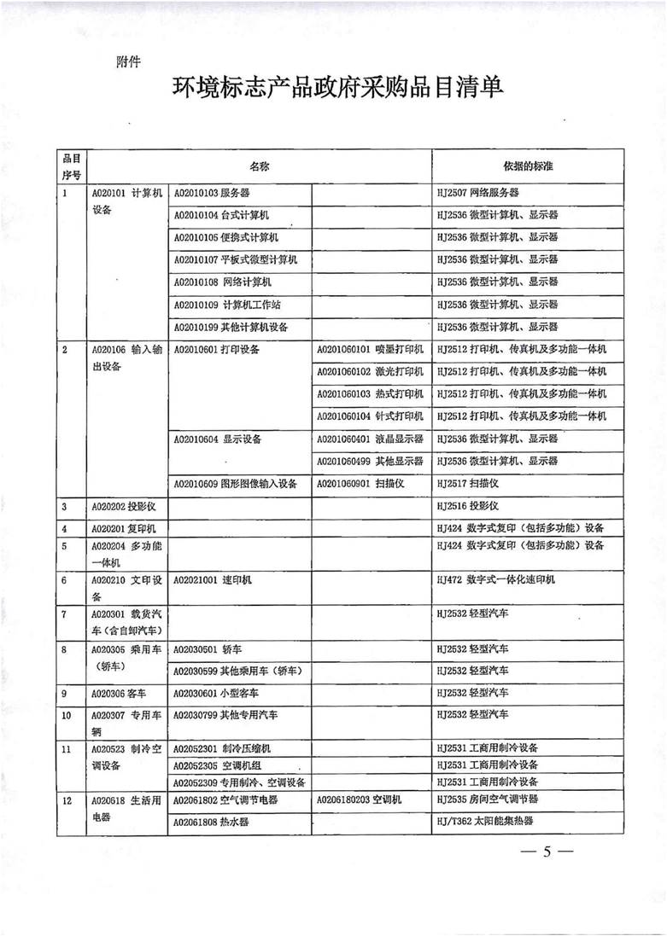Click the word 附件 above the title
[127, 61]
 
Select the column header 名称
[259, 164]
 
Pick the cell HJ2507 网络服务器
[477, 194]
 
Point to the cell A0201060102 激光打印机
[370, 371]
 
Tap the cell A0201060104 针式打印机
[370, 416]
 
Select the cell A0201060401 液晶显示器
[370, 439]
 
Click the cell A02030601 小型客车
[213, 692]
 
